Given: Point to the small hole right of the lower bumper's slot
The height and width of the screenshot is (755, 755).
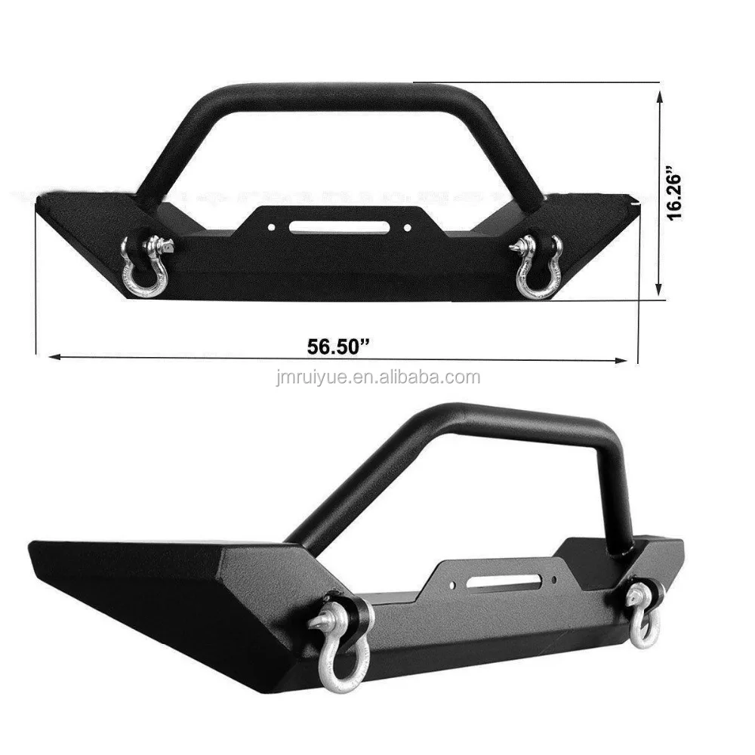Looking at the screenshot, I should [x=556, y=580].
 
